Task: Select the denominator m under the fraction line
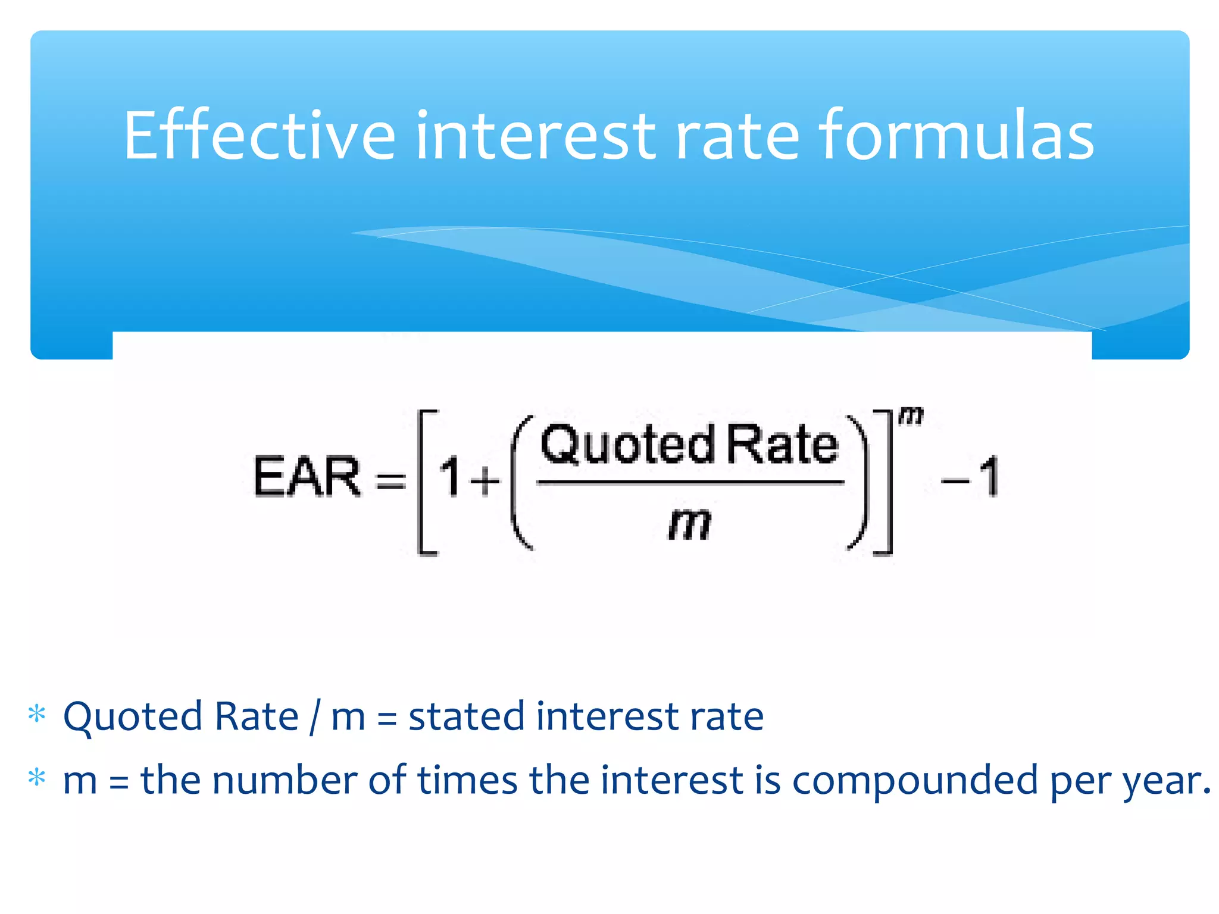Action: coord(690,524)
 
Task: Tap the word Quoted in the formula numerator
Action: coord(628,445)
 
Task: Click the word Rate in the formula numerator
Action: coord(783,445)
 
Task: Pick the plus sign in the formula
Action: coord(485,480)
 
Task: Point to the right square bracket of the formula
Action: coord(884,482)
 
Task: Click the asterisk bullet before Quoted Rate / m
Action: coord(37,713)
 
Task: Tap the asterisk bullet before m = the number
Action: coord(37,778)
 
